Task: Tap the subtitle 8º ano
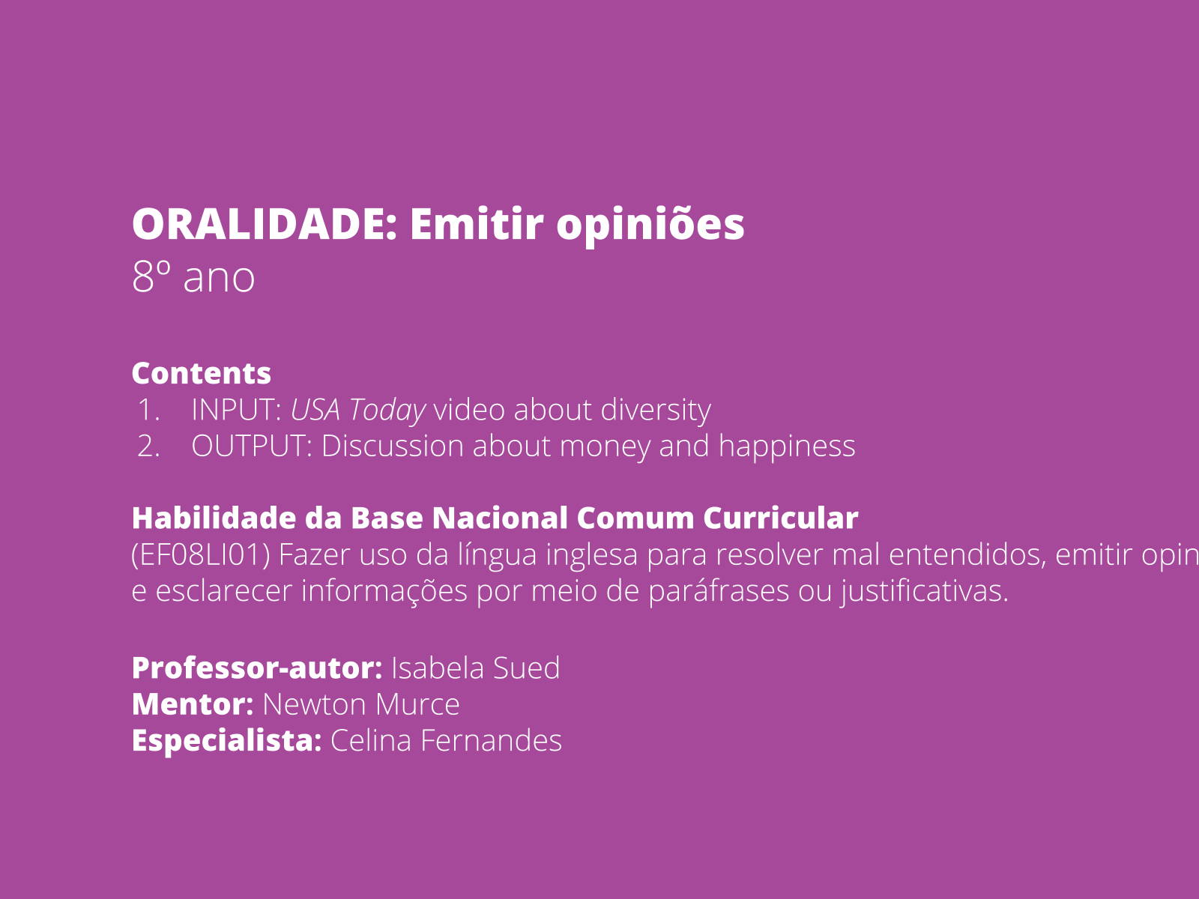(x=193, y=277)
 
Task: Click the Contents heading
(x=201, y=373)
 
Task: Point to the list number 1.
(x=148, y=410)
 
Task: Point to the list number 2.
(x=148, y=447)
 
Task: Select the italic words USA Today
(x=357, y=411)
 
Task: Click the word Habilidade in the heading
(x=214, y=518)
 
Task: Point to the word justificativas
(x=924, y=592)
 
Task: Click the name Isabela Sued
(x=475, y=668)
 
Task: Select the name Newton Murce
(x=360, y=705)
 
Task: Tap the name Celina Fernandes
(x=446, y=741)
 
